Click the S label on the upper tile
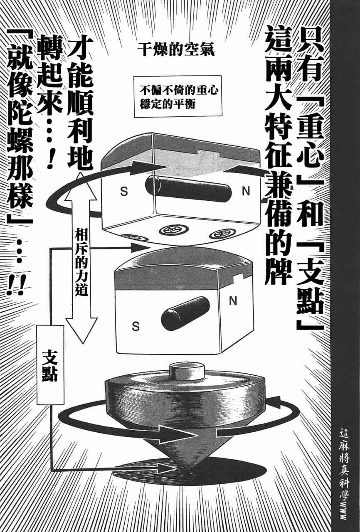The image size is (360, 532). [124, 192]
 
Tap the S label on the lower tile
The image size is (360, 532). [136, 326]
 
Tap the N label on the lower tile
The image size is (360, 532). [233, 301]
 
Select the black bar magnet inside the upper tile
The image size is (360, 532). [188, 189]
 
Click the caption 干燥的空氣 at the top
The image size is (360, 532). [176, 50]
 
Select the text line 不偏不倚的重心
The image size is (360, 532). [179, 91]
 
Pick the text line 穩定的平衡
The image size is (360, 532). [168, 104]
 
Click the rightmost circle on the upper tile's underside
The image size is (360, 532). [223, 234]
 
